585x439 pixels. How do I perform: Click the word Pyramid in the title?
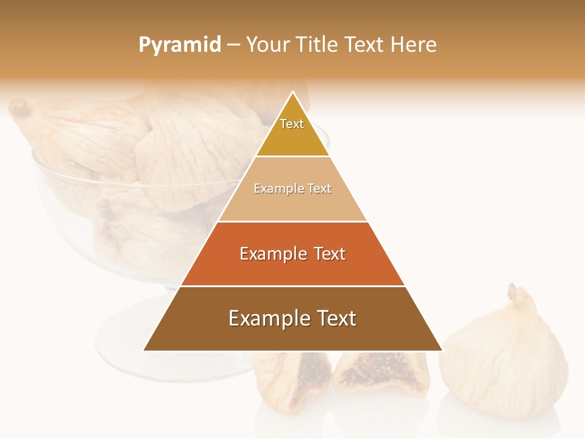(179, 45)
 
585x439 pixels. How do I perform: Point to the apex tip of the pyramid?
(292, 93)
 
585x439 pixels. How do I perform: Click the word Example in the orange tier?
(271, 254)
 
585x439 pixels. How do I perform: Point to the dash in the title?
(233, 45)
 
